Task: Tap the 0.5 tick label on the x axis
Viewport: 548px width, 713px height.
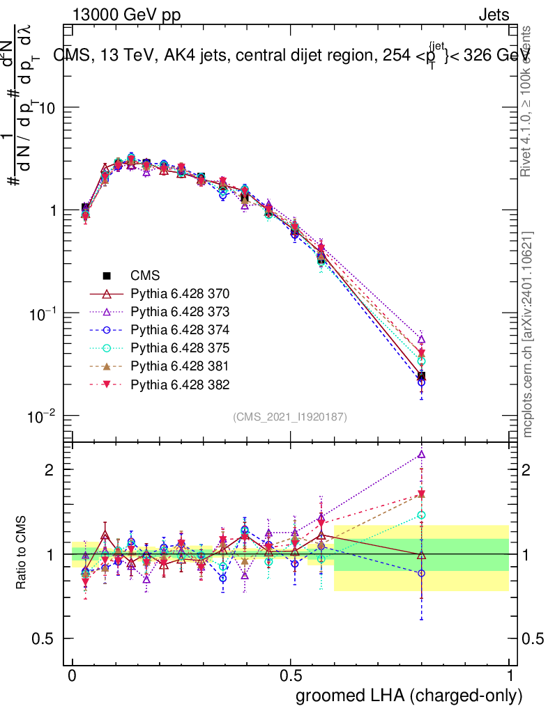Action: pos(291,676)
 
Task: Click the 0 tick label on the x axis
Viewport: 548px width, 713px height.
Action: pos(73,676)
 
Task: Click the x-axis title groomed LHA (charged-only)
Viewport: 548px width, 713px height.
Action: pos(409,696)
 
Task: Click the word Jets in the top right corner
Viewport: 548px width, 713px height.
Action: pos(494,15)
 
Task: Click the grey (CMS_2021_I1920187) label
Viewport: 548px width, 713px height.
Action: pos(290,416)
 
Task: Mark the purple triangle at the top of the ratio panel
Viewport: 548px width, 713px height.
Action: pos(421,455)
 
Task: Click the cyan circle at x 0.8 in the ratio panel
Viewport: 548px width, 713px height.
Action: pos(421,515)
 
